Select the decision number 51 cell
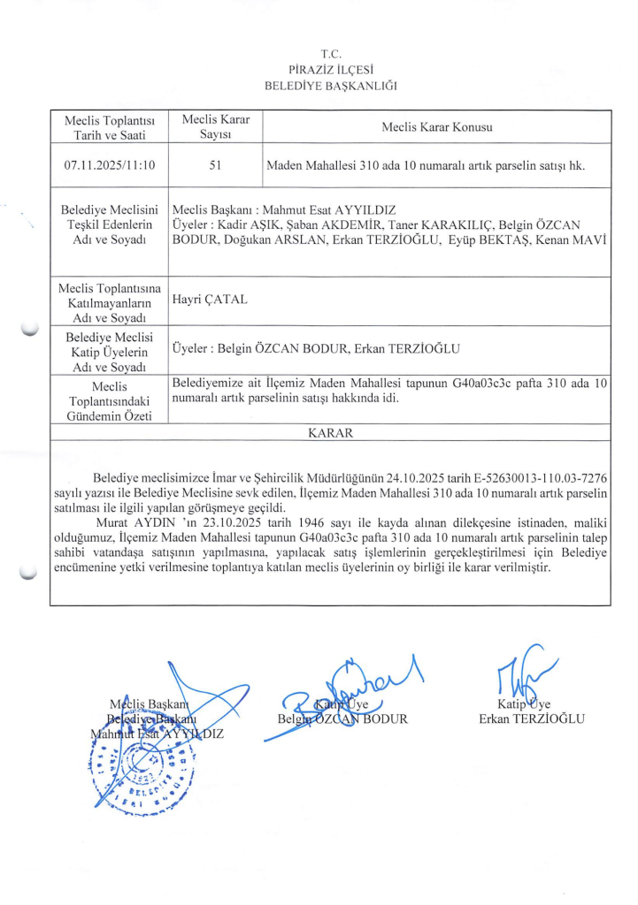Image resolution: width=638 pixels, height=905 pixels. pyautogui.click(x=216, y=164)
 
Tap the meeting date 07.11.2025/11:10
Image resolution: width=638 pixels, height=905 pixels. pyautogui.click(x=110, y=164)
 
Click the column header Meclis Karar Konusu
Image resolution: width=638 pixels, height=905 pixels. pyautogui.click(x=437, y=126)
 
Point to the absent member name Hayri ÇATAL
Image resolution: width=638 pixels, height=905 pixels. pyautogui.click(x=211, y=300)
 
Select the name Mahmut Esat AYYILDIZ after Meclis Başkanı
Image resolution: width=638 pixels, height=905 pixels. pyautogui.click(x=341, y=209)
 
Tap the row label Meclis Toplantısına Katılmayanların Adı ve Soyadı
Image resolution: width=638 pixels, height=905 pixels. pyautogui.click(x=110, y=301)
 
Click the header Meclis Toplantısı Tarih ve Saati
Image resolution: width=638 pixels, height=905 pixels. pyautogui.click(x=110, y=126)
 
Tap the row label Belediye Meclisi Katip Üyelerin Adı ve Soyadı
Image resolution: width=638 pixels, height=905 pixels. pyautogui.click(x=110, y=350)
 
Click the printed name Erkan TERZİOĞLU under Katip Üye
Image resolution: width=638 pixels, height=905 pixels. pyautogui.click(x=532, y=719)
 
